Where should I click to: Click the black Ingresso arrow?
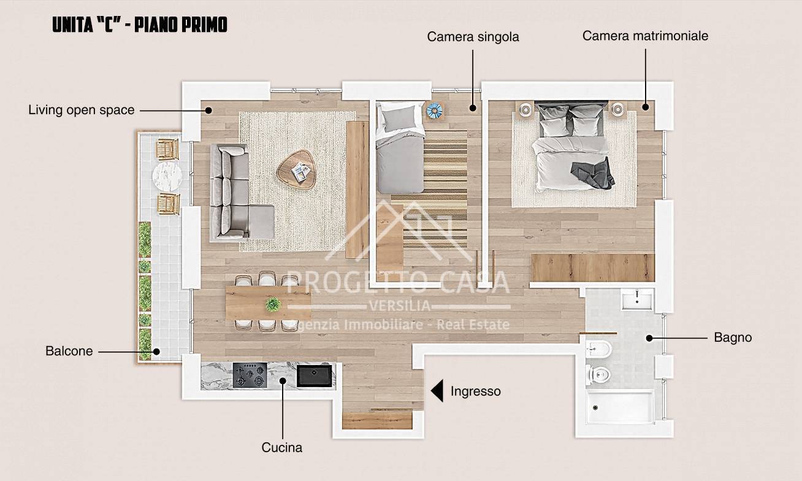click(438, 391)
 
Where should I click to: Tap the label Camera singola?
click(473, 37)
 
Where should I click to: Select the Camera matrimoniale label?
click(645, 36)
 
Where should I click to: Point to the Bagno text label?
click(733, 337)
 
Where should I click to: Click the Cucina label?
click(282, 447)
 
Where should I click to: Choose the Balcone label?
click(69, 351)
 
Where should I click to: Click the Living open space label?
click(82, 110)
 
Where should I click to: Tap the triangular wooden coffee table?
click(296, 170)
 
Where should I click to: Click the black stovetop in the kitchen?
click(250, 375)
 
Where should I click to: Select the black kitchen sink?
click(315, 375)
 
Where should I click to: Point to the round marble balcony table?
click(167, 177)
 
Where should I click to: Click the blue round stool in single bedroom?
click(435, 110)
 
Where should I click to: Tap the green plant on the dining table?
click(273, 304)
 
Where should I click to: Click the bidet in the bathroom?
click(598, 348)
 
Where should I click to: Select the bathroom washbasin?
click(637, 299)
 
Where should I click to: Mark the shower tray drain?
click(595, 407)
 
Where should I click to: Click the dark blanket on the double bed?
click(594, 174)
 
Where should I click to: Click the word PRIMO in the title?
click(204, 25)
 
